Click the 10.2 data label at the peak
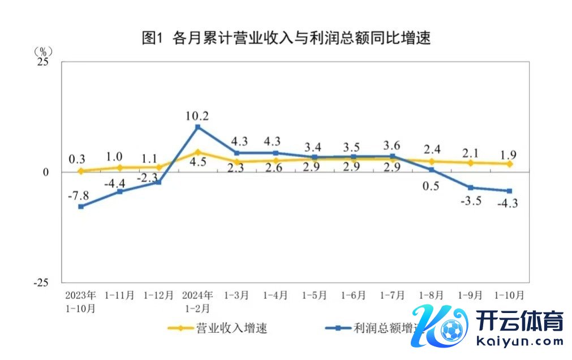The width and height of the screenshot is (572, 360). pos(197,116)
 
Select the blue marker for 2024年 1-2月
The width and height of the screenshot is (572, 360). pos(197,127)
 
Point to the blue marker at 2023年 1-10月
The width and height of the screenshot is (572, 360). pos(81,207)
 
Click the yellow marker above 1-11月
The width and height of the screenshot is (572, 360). pos(120,167)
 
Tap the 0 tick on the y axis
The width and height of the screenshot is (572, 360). pos(46,172)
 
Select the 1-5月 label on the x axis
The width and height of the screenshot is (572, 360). pos(314,295)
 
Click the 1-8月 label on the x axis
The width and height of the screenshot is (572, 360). pos(432,295)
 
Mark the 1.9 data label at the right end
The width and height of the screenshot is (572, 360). pos(509,153)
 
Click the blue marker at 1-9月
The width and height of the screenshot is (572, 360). pos(470,187)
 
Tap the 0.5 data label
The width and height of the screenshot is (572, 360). pos(431,186)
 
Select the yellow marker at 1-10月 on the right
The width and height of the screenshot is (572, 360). pos(509,164)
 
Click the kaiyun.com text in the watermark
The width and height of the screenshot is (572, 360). pos(521,341)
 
